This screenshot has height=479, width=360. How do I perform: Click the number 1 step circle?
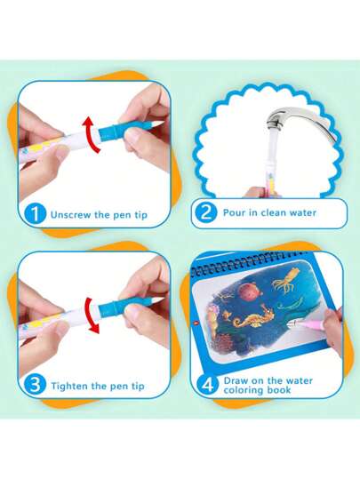tap(36, 213)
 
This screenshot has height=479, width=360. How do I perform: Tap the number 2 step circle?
tap(206, 212)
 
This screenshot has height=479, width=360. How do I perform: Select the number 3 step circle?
tap(36, 385)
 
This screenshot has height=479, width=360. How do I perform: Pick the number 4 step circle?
tap(208, 385)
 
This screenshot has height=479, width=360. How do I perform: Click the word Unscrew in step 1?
tap(71, 214)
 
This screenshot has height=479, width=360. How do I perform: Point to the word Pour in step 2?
tap(234, 212)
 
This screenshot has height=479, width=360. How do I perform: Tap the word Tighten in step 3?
tap(69, 386)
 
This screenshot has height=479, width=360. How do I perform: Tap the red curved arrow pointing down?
tap(91, 315)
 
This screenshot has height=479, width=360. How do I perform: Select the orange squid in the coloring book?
tap(285, 282)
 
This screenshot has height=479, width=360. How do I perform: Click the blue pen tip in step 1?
tap(129, 130)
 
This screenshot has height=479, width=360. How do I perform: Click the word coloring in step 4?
tap(242, 390)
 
